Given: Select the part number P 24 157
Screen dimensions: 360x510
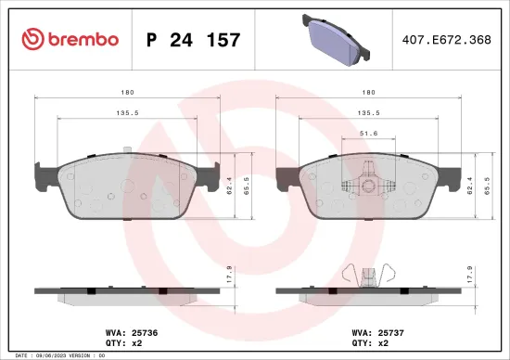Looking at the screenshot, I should tap(194, 40).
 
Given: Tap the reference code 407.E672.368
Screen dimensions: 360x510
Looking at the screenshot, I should tap(446, 40).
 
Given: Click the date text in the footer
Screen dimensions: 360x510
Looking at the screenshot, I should tap(56, 354).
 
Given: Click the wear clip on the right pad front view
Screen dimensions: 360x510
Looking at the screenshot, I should tap(371, 181).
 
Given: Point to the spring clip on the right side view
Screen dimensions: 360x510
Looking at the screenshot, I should tap(371, 275).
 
